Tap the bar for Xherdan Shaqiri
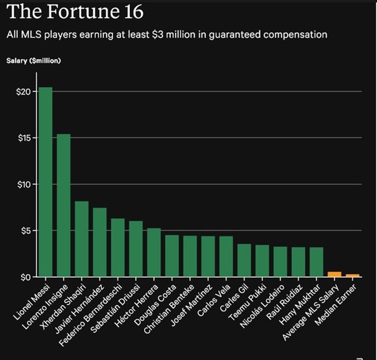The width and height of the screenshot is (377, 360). click(82, 239)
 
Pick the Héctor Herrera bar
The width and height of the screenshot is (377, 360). click(154, 253)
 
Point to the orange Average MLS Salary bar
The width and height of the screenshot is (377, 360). click(334, 274)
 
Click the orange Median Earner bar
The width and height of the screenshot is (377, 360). click(352, 275)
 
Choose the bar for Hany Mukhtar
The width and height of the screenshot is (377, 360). click(316, 262)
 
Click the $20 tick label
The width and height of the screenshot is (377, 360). click(23, 91)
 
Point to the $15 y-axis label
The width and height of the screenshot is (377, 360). click(23, 138)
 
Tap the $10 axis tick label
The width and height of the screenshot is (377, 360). click(23, 184)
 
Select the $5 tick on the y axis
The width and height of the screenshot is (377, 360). click(25, 230)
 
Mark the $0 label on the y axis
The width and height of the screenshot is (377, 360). click(25, 277)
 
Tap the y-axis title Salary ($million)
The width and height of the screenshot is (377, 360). click(34, 61)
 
